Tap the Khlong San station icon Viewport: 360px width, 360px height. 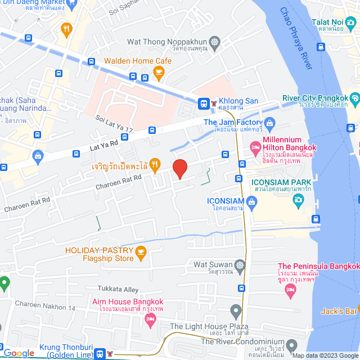coord(203,103)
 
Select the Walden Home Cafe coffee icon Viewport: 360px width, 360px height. coord(159,71)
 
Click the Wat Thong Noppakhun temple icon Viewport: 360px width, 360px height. coord(214,42)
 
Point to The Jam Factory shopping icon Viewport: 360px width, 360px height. coord(269,122)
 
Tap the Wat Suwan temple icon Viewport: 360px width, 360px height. coord(240,264)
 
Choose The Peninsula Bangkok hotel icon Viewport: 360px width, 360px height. coord(291,289)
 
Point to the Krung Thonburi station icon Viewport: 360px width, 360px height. coord(101,353)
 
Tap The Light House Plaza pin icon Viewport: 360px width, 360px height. coord(235,310)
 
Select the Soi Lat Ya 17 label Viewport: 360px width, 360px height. coord(114,124)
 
